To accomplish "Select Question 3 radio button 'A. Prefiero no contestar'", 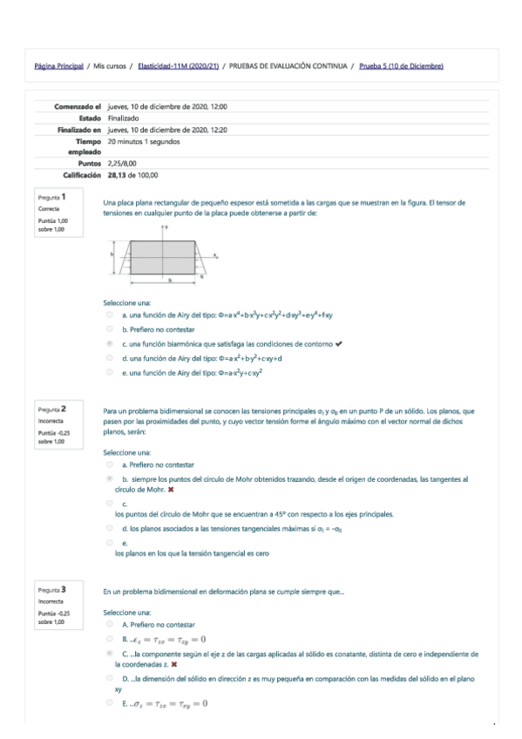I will coord(110,625).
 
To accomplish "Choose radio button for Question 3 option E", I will coord(110,702).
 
